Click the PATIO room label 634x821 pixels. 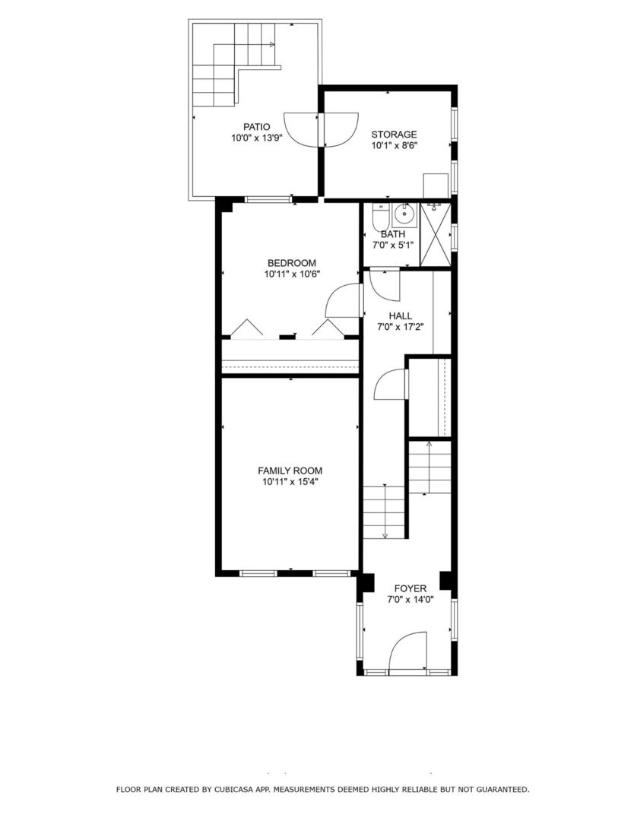(x=256, y=127)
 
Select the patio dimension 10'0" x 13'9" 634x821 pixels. (x=256, y=138)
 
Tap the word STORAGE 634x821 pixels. (x=394, y=135)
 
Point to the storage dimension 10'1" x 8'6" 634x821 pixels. (x=394, y=145)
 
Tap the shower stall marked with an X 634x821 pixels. (x=436, y=235)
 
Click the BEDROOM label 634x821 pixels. (x=290, y=263)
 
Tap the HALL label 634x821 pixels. (x=400, y=315)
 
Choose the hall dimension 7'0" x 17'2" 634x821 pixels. (x=400, y=327)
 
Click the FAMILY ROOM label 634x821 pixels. (x=290, y=471)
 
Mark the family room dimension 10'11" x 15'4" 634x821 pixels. (x=290, y=481)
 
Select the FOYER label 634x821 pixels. (x=410, y=588)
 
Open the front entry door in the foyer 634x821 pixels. (x=410, y=652)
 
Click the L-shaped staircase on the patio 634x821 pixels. (x=228, y=65)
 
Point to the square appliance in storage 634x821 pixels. (x=436, y=185)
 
